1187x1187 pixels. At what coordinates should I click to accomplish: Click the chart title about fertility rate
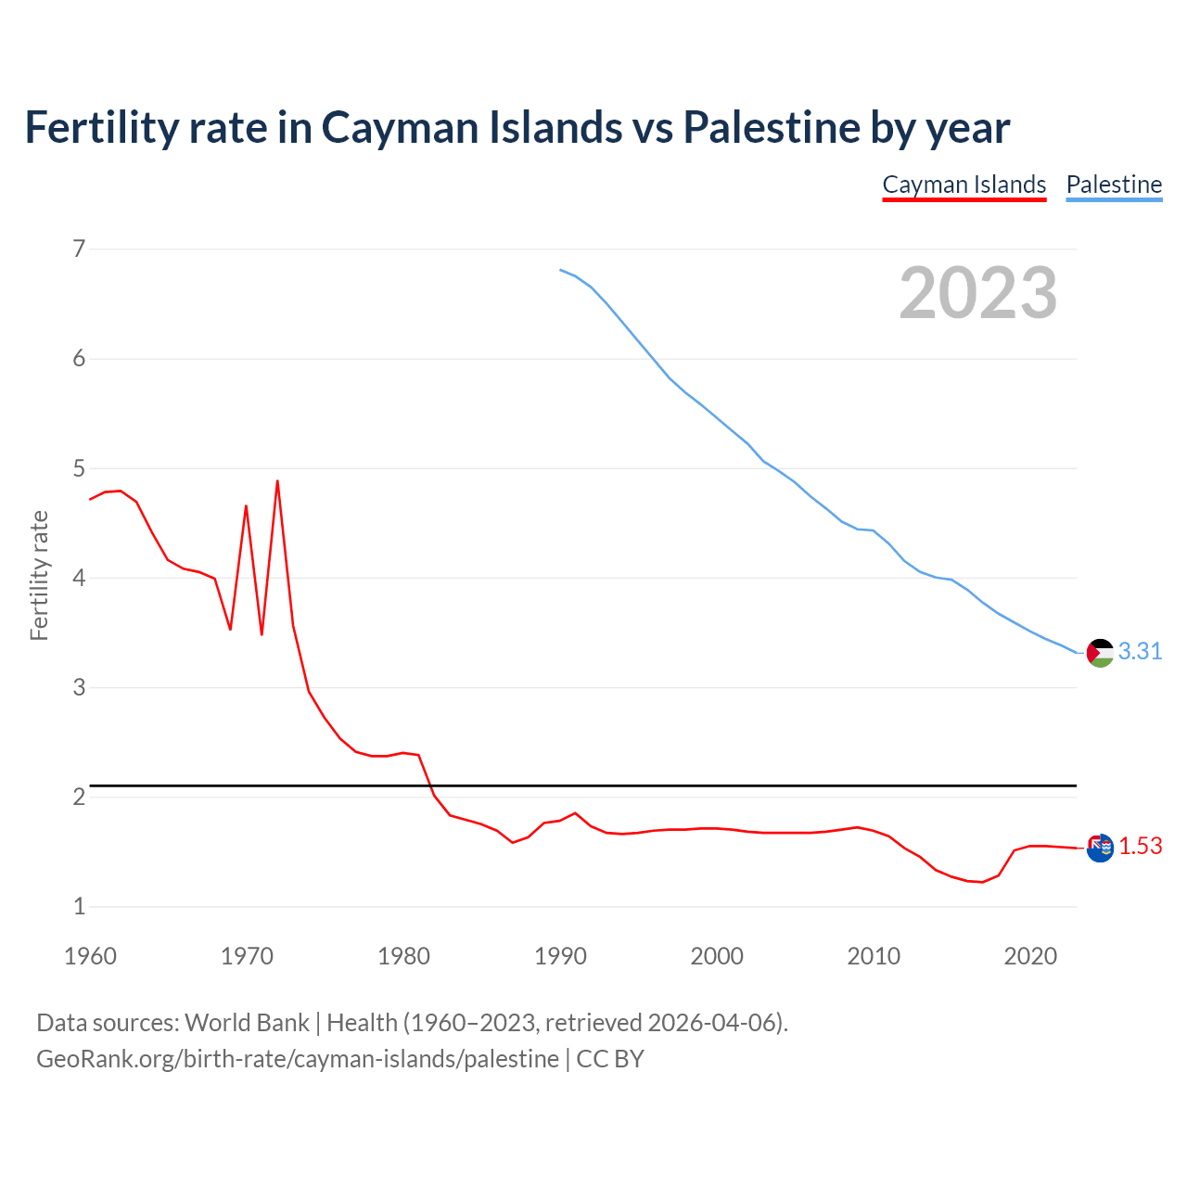point(517,127)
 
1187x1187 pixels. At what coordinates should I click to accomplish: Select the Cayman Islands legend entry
point(964,185)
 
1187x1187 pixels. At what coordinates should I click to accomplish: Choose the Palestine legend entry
point(1114,185)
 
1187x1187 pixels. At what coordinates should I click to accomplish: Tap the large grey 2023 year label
point(978,293)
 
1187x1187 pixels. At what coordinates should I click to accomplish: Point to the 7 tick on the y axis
point(79,249)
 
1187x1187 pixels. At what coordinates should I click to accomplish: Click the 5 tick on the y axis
point(79,468)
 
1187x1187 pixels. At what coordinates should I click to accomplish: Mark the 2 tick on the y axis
point(79,797)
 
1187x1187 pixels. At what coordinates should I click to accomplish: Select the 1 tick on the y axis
point(79,906)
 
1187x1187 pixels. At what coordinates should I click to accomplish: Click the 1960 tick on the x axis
point(90,956)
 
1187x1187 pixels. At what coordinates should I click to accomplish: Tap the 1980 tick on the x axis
point(403,956)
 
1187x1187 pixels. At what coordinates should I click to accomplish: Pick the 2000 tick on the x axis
point(717,956)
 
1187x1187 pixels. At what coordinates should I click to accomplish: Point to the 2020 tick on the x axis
point(1030,956)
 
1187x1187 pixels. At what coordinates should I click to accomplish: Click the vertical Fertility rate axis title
point(39,575)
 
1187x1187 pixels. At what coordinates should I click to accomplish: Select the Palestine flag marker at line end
point(1100,653)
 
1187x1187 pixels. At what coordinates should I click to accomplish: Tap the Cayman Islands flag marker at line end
point(1100,848)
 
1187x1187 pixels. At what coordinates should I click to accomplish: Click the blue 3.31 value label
point(1140,652)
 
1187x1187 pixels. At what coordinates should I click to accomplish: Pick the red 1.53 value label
point(1140,847)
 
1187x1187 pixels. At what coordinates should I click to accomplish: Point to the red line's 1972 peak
point(277,481)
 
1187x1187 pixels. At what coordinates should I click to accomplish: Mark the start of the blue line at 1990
point(560,270)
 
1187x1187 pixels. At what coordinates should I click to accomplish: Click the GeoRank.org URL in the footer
point(298,1059)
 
